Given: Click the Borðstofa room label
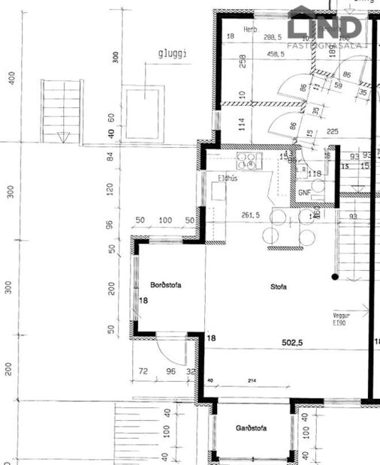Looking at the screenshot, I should (167, 286).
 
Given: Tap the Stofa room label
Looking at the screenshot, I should (280, 286).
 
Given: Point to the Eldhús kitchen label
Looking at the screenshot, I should (228, 178).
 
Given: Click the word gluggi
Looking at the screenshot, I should (172, 54).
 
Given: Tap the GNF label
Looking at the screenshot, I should (305, 192).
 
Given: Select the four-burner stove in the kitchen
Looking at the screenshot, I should (248, 160).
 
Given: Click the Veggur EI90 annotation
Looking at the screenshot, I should (342, 319).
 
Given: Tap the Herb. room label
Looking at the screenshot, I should (250, 29).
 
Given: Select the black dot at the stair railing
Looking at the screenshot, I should (335, 277).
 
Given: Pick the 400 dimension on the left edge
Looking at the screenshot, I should (11, 78).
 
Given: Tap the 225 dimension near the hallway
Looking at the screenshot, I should (333, 129).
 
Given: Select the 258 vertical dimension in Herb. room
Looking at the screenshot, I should (243, 61).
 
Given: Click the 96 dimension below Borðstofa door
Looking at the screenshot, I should (170, 371).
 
